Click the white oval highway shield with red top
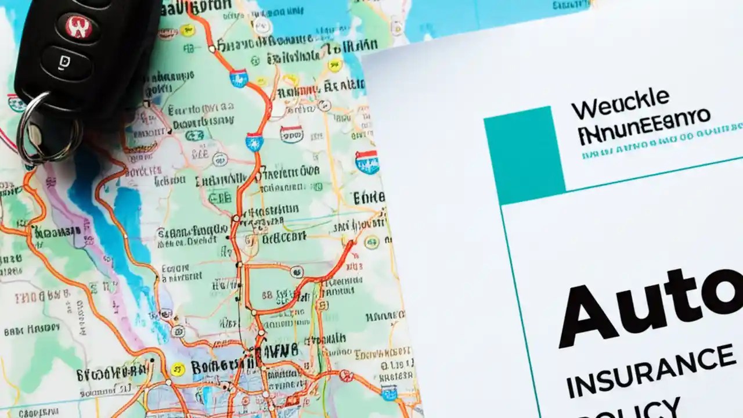pos(291,134)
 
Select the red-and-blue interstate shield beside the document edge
pos(367,162)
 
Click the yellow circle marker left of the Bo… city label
pos(178,367)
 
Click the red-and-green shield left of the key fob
pos(16,103)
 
